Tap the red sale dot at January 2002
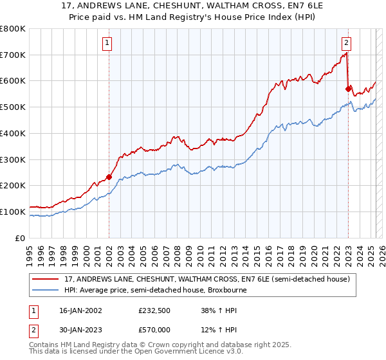coord(109,177)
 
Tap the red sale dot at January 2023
coord(348,89)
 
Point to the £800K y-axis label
coord(13,29)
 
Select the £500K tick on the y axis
coord(13,107)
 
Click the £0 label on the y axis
coord(21,238)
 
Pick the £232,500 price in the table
coord(155,310)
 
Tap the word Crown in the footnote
coord(145,346)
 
